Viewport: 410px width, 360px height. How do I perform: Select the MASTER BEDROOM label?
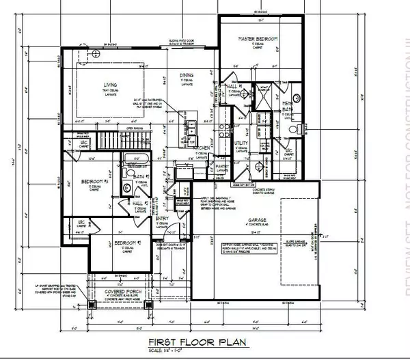256,40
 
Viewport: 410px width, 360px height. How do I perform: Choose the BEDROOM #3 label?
92,181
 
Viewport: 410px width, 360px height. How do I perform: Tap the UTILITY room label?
241,143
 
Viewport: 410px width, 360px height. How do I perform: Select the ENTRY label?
163,218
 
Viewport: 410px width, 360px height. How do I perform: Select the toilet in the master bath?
293,129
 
